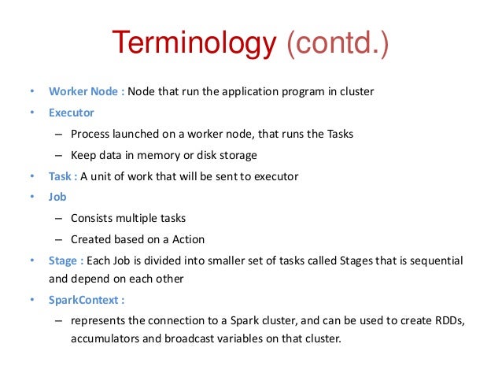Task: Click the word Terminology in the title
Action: (x=191, y=44)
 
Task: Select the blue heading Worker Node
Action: (x=83, y=91)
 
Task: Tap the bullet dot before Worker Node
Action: (x=31, y=91)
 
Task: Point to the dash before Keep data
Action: (x=58, y=154)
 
